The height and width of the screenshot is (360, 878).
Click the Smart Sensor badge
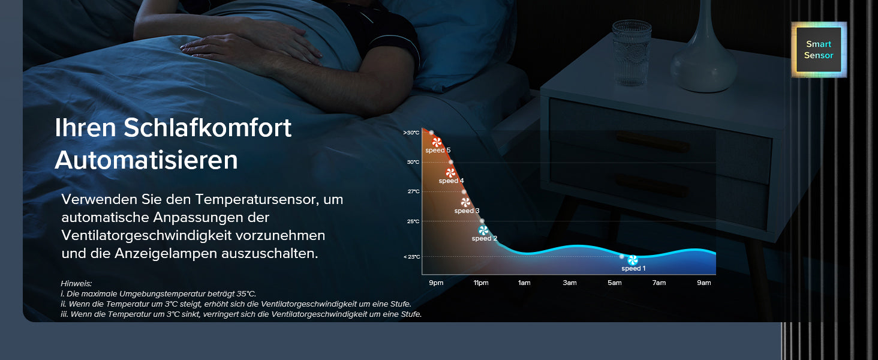click(x=819, y=49)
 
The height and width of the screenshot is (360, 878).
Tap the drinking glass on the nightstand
click(x=632, y=53)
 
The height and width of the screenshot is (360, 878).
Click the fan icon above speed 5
click(x=437, y=142)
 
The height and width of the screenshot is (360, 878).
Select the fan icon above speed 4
click(x=450, y=173)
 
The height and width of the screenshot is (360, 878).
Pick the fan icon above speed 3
click(x=465, y=202)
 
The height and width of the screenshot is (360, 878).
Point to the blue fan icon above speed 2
click(x=483, y=230)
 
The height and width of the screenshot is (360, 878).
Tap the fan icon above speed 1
click(x=633, y=260)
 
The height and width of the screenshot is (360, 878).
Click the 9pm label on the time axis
click(x=436, y=283)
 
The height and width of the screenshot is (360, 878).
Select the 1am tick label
click(x=524, y=283)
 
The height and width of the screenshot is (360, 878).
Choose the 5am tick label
click(x=614, y=283)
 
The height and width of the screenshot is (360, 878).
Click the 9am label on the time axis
click(x=703, y=283)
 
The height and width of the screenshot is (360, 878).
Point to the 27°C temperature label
click(x=414, y=191)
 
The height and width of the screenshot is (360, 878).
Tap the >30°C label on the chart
click(x=411, y=133)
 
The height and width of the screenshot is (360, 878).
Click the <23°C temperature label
click(x=411, y=257)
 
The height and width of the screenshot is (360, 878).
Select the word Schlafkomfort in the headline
click(x=208, y=128)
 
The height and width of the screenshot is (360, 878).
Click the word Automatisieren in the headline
click(x=146, y=160)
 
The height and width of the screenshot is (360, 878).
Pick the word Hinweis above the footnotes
click(x=76, y=284)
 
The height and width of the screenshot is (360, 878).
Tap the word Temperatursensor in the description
click(x=257, y=200)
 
